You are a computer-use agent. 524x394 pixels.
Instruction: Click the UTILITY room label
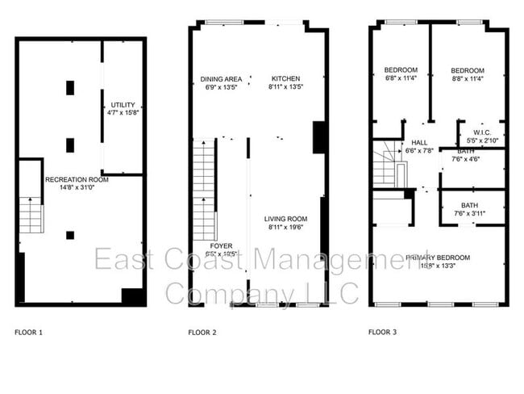tap(123, 105)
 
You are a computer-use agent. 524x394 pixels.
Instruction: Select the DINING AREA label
tap(220, 78)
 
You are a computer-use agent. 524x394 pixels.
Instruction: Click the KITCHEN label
tap(285, 78)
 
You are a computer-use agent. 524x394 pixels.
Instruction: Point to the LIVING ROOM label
tap(288, 218)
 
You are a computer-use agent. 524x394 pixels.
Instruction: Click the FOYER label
tap(222, 245)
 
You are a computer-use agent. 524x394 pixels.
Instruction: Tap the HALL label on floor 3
tap(418, 142)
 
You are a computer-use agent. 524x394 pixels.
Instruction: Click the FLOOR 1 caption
tap(29, 332)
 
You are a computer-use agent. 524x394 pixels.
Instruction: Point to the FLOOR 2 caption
tap(202, 332)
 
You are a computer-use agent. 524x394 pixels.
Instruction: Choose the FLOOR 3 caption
tap(382, 332)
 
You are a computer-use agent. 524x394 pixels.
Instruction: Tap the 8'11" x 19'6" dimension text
tap(288, 227)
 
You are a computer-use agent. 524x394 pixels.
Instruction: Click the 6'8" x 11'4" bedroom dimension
tap(401, 79)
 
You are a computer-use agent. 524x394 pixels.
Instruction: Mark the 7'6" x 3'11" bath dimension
tap(468, 214)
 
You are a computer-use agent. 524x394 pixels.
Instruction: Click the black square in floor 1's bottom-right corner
tap(131, 295)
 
